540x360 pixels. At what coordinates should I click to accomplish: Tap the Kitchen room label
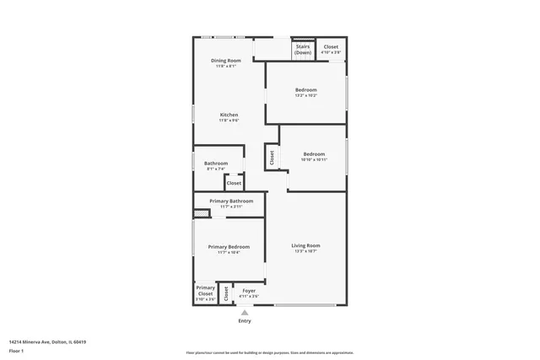[x=229, y=115]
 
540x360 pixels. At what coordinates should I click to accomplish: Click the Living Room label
[x=305, y=245]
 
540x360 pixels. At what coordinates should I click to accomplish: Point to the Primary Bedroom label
[x=229, y=246]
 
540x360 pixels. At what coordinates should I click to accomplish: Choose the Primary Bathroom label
[x=231, y=201]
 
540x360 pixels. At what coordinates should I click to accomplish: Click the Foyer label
[x=249, y=291]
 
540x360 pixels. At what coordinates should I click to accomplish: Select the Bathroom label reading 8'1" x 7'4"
[x=216, y=164]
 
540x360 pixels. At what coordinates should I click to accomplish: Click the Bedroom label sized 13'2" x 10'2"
[x=305, y=90]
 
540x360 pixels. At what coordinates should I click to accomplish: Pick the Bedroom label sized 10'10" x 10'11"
[x=314, y=154]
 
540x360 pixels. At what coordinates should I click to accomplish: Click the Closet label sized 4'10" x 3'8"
[x=331, y=47]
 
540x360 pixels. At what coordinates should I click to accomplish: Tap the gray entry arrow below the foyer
[x=245, y=312]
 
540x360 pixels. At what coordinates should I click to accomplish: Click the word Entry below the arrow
[x=245, y=320]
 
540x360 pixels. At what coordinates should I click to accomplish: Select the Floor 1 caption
[x=15, y=350]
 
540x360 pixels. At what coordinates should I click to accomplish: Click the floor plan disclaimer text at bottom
[x=269, y=353]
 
